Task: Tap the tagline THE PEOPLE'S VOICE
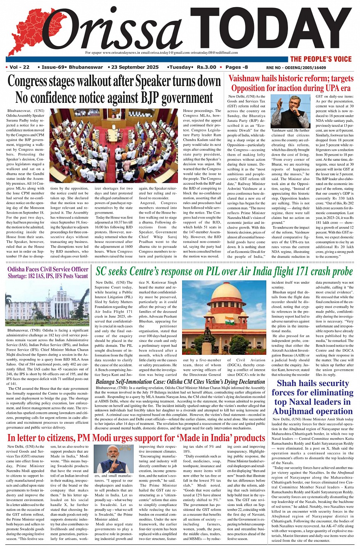pyautogui.click(x=321, y=59)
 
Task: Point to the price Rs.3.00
pyautogui.click(x=206, y=67)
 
